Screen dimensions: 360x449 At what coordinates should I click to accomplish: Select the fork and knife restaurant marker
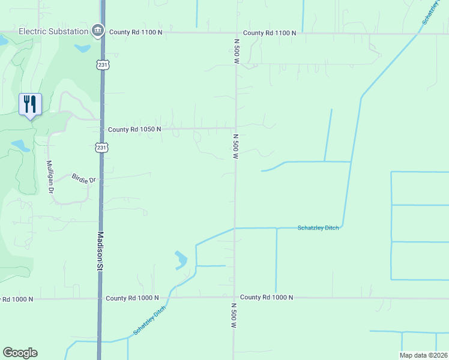[30, 104]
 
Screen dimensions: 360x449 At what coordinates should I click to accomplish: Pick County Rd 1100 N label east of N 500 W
[270, 33]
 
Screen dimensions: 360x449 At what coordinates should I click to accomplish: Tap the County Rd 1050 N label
[135, 129]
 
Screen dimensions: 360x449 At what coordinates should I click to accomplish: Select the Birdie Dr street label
[83, 178]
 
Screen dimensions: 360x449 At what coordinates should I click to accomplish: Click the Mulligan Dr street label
[50, 176]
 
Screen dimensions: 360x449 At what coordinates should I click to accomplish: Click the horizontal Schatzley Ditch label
[318, 228]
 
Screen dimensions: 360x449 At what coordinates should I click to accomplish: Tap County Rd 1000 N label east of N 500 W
[267, 298]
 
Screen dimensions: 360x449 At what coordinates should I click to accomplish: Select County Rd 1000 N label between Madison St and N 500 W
[132, 298]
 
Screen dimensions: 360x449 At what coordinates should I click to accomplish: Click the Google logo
[20, 353]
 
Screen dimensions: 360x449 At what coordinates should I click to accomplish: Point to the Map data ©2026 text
[423, 355]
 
